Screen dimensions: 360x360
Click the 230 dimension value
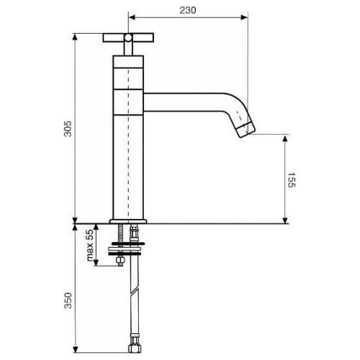188,10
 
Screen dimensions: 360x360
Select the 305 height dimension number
68,129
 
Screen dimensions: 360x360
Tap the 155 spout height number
292,179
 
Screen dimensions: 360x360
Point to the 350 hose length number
68,300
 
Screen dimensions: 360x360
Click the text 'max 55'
90,246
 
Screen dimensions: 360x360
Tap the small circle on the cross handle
128,37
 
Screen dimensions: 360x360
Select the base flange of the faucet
128,221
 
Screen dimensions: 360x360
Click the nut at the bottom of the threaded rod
120,261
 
